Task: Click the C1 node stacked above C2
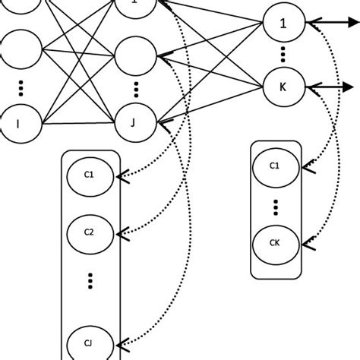coord(89,175)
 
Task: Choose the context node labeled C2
coord(89,232)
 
